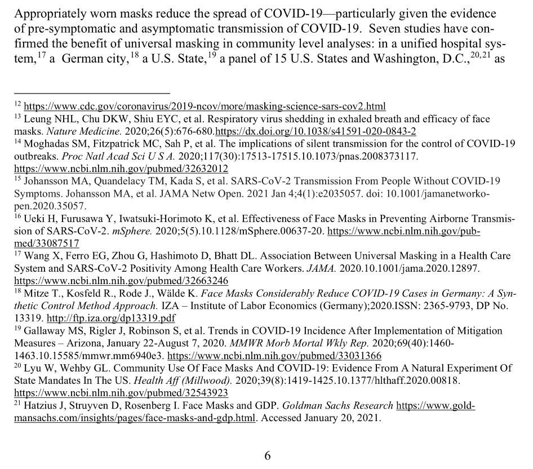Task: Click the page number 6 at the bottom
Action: coord(268,455)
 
